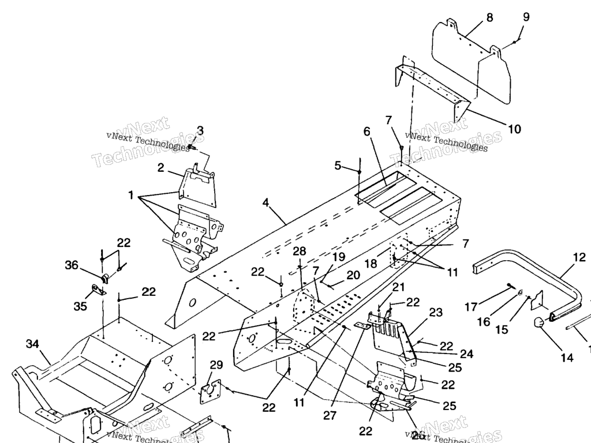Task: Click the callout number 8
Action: tap(489, 17)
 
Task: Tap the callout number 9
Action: tap(526, 17)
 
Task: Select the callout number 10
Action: tap(514, 129)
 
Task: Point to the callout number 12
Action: tap(579, 257)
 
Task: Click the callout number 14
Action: tap(567, 358)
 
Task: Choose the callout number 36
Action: tap(71, 265)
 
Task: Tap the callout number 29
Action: tap(216, 365)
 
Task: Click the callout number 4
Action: tap(265, 202)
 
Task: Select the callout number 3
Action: tap(200, 130)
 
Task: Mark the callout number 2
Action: tap(161, 168)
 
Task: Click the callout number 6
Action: tap(366, 132)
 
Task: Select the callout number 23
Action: tap(436, 313)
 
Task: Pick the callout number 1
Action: tap(131, 195)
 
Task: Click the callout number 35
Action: tap(80, 306)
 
